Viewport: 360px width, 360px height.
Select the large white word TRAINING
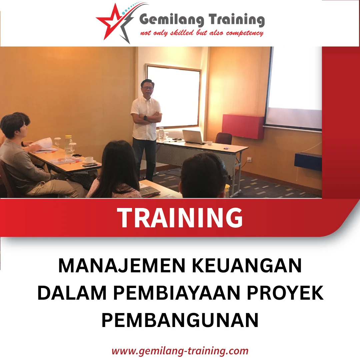coord(180,218)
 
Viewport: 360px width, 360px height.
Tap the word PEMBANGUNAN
coord(180,320)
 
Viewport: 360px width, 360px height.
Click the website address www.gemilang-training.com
coord(180,351)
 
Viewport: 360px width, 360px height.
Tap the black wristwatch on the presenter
coord(145,117)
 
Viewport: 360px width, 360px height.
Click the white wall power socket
coord(249,160)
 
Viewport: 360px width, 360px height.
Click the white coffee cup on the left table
coord(89,160)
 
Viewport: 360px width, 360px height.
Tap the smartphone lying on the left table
coord(89,165)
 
